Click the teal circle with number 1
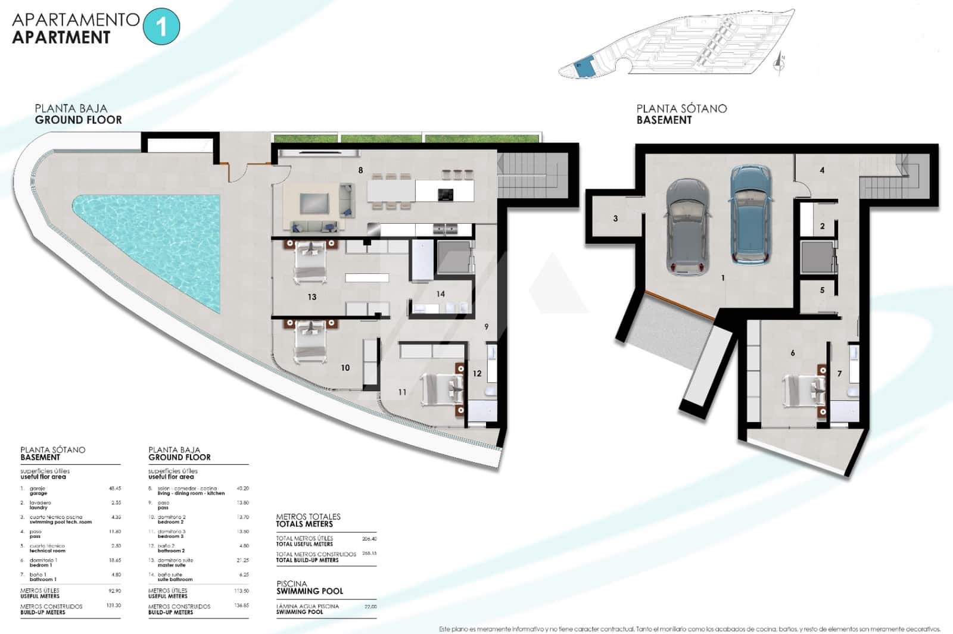tap(161, 27)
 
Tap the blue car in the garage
tap(751, 216)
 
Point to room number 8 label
tap(360, 170)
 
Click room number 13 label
tap(312, 296)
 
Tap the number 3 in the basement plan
tap(615, 218)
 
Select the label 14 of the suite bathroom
tap(440, 293)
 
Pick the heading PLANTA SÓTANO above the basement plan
tap(681, 108)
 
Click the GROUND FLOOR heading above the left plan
tap(78, 120)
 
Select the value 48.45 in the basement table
tap(114, 488)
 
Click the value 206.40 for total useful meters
tap(369, 539)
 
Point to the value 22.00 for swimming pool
tap(370, 607)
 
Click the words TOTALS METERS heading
tap(304, 524)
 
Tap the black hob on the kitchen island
tap(446, 194)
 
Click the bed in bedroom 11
tap(442, 389)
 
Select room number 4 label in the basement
tap(822, 170)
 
